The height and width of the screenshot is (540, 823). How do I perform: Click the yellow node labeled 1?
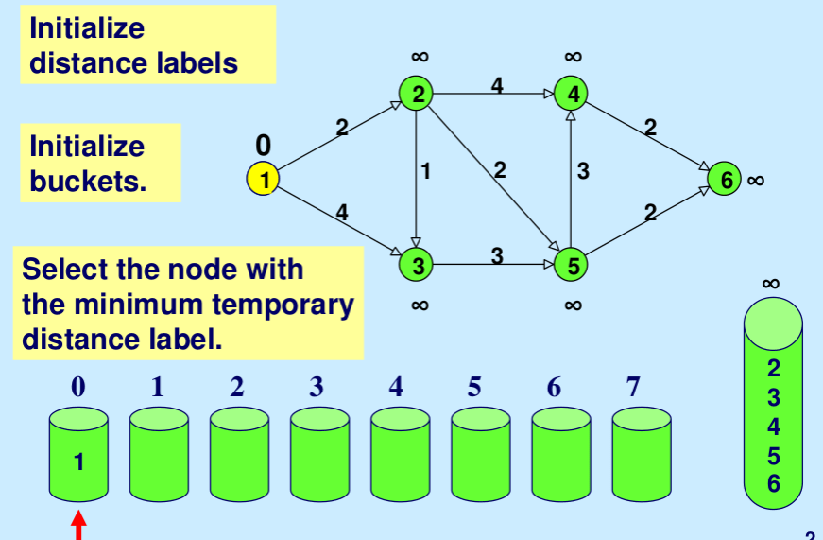pos(264,179)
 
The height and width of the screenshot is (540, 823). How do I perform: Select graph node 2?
pos(417,93)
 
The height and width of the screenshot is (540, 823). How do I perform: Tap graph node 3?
pos(417,265)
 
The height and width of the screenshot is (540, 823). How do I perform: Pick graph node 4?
pos(572,93)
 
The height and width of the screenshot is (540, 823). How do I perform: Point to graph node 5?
pos(572,265)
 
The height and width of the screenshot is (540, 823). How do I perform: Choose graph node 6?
pos(725,179)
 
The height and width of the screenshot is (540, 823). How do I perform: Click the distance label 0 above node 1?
pos(264,145)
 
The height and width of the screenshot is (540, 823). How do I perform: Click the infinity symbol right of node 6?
pos(756,180)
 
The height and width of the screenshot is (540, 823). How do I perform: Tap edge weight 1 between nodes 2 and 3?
pos(426,171)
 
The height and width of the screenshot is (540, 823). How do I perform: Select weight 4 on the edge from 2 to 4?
pos(497,85)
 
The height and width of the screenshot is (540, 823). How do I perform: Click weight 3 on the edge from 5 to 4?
pos(583,171)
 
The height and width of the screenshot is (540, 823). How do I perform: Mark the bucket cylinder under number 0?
pos(78,455)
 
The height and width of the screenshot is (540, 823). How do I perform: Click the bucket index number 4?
pos(396,387)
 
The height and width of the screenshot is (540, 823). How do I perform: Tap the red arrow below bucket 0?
pos(78,525)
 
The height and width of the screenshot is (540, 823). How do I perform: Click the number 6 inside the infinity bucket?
pos(774,485)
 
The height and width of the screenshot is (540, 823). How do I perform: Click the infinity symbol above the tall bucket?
pos(771,283)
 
